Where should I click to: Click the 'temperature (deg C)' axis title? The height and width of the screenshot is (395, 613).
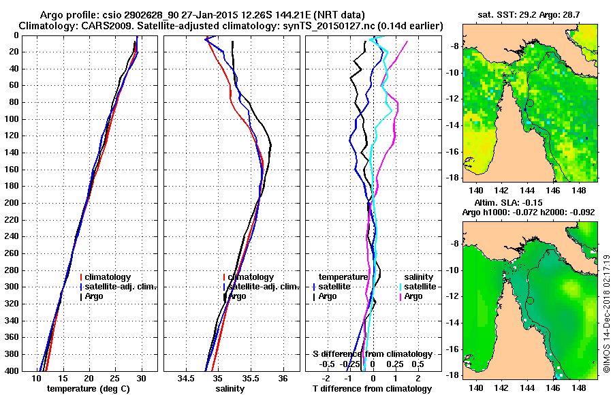pyautogui.click(x=89, y=389)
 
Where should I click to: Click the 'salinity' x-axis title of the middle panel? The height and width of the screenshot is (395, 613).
pyautogui.click(x=230, y=389)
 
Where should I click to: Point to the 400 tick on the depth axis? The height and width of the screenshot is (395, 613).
pyautogui.click(x=15, y=371)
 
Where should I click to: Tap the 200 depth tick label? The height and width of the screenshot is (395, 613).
pyautogui.click(x=15, y=203)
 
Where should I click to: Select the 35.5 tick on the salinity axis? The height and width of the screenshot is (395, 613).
pyautogui.click(x=250, y=378)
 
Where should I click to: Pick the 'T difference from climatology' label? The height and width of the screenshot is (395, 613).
pyautogui.click(x=372, y=389)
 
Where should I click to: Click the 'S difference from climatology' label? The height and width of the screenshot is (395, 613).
pyautogui.click(x=372, y=354)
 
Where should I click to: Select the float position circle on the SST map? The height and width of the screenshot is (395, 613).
pyautogui.click(x=530, y=103)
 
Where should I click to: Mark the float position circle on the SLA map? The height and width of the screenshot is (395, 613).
pyautogui.click(x=530, y=300)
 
